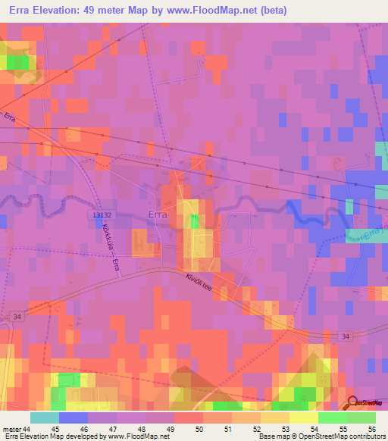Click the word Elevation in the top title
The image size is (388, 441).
(64, 10)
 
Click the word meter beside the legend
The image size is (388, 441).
(11, 429)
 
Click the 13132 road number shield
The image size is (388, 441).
(95, 214)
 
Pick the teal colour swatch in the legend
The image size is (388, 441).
(45, 418)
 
